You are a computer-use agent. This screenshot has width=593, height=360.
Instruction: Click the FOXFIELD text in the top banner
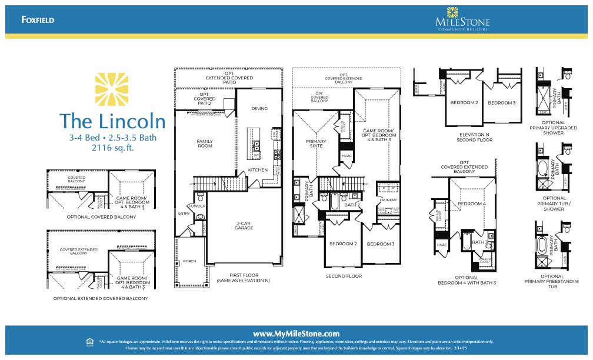pyautogui.click(x=38, y=19)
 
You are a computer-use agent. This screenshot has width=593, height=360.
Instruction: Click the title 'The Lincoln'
pyautogui.click(x=112, y=121)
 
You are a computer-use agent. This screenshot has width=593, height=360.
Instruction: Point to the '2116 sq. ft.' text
pyautogui.click(x=113, y=148)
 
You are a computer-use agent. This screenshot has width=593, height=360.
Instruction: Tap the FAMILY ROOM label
pyautogui.click(x=204, y=143)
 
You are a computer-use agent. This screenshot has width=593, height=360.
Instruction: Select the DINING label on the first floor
pyautogui.click(x=259, y=108)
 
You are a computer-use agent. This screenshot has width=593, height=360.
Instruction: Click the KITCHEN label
pyautogui.click(x=258, y=170)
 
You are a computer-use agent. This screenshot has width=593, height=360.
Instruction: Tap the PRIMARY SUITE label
pyautogui.click(x=316, y=144)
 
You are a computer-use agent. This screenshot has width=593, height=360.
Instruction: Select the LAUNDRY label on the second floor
pyautogui.click(x=389, y=199)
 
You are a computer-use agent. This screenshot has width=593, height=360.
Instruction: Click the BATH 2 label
pyautogui.click(x=352, y=205)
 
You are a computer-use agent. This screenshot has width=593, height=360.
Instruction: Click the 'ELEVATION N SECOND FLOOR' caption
pyautogui.click(x=475, y=137)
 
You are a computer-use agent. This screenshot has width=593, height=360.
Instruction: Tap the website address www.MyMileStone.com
pyautogui.click(x=296, y=334)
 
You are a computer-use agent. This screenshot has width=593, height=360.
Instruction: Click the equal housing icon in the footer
pyautogui.click(x=89, y=341)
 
